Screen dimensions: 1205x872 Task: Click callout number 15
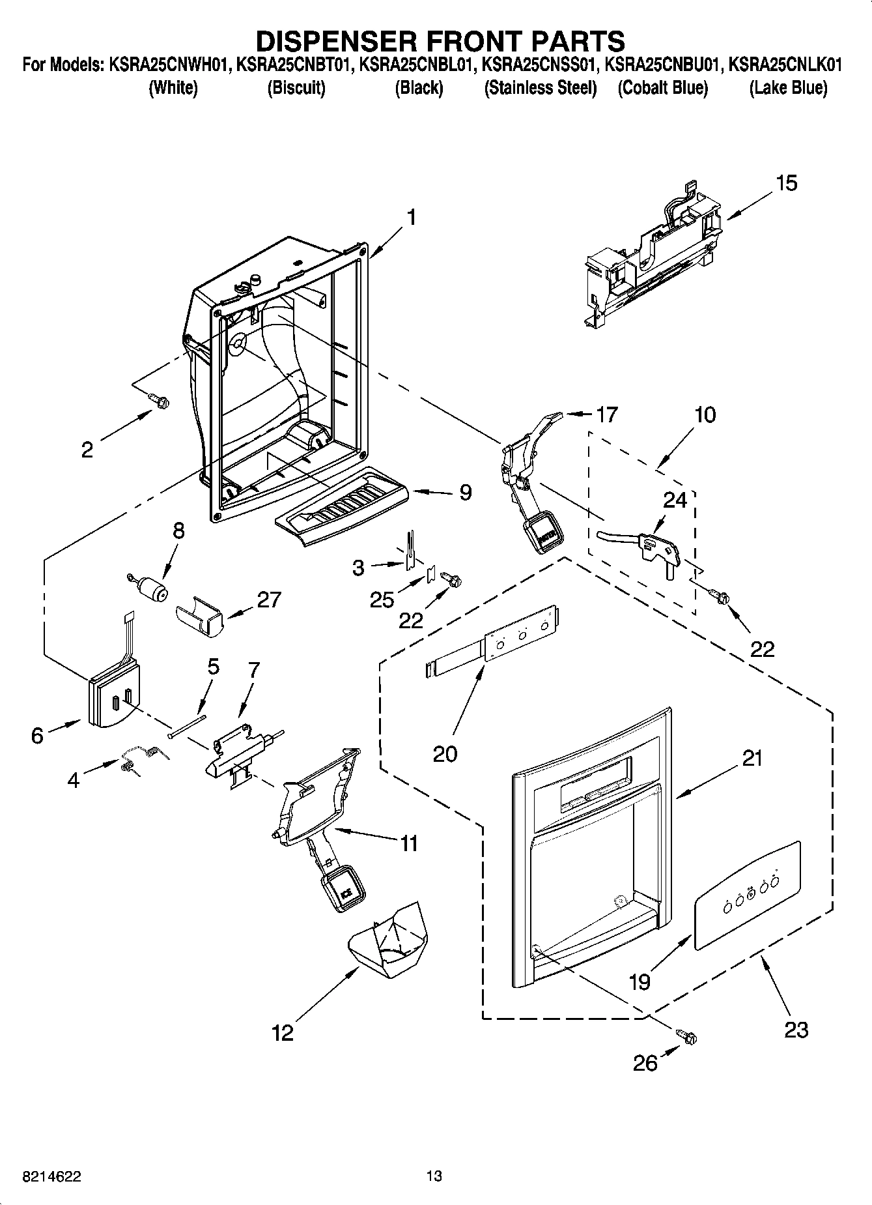click(x=787, y=183)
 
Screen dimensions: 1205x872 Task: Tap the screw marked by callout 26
click(x=688, y=1035)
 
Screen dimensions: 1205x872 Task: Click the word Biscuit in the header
click(x=296, y=88)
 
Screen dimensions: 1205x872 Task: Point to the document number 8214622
click(x=52, y=1176)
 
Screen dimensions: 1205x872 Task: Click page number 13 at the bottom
click(x=434, y=1176)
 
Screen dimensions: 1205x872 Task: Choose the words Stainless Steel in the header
click(x=540, y=88)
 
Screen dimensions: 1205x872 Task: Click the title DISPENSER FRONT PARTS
click(x=440, y=40)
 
